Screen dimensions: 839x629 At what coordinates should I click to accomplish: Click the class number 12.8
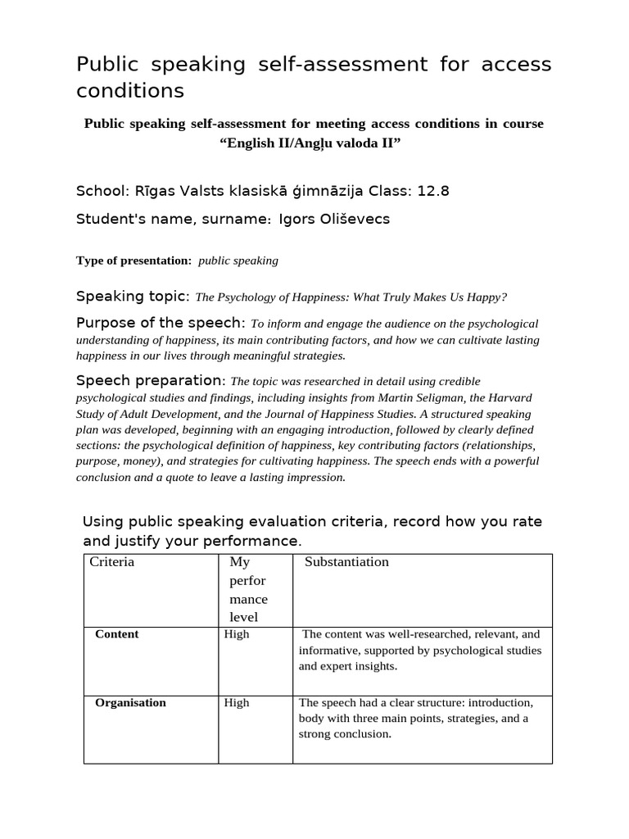(433, 191)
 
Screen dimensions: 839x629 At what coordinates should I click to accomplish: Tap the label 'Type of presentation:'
(133, 261)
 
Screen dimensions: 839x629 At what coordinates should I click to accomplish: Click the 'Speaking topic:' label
(133, 296)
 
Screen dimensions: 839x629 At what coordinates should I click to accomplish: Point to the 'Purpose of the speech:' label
(161, 322)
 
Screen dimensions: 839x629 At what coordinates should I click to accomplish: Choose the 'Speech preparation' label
(149, 380)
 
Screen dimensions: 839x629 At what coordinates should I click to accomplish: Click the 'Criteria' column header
(112, 562)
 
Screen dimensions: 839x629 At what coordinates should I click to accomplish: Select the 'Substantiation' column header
(346, 562)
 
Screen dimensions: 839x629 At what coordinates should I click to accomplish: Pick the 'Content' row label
(117, 634)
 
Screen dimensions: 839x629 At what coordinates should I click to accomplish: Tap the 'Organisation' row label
(130, 703)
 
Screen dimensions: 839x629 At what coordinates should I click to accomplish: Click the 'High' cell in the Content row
(237, 634)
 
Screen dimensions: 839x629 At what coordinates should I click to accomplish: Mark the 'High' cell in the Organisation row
(237, 703)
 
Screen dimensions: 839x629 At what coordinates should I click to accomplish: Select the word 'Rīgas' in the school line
(151, 191)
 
